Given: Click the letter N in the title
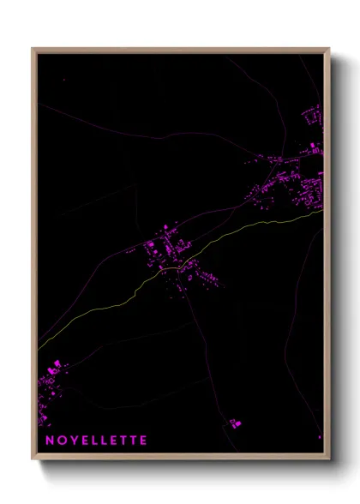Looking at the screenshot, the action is [x=49, y=441].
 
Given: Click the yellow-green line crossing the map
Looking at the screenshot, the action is [x=240, y=231].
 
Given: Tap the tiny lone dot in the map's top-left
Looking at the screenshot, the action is [x=63, y=79].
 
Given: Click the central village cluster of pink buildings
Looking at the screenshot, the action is [x=167, y=249].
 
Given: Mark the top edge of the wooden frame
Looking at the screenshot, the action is [x=180, y=50].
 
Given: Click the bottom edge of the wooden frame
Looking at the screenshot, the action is [x=180, y=456].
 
